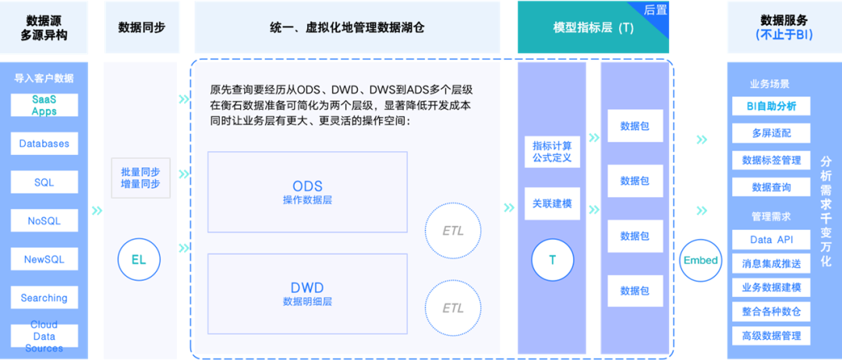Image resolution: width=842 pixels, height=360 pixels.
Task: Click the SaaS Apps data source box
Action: click(44, 105)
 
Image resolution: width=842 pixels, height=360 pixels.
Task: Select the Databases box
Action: click(44, 144)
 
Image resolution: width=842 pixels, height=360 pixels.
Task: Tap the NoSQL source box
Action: click(44, 221)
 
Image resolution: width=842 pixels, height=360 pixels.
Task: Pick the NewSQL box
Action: click(44, 259)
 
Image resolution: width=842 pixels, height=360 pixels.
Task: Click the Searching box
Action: click(44, 298)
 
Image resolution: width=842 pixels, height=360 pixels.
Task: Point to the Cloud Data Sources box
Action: click(44, 336)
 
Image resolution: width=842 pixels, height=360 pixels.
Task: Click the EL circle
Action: click(139, 259)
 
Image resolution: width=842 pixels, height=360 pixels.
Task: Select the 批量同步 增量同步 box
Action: click(140, 178)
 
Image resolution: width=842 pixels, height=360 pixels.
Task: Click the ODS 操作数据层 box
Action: click(307, 192)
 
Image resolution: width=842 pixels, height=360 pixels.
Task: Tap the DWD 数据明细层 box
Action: click(307, 293)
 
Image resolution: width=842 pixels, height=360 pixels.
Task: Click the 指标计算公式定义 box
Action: click(552, 152)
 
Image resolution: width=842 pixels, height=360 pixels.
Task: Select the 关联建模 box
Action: click(552, 204)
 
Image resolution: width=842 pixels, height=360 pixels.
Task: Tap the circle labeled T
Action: click(552, 259)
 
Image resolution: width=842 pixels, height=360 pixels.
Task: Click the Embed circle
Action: click(700, 260)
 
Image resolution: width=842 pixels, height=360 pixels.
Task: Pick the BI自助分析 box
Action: click(771, 106)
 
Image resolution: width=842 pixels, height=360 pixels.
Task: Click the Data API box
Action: click(771, 240)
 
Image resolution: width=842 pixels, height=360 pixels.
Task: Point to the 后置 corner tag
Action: click(656, 10)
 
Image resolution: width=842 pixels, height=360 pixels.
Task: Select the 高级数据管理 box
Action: click(771, 336)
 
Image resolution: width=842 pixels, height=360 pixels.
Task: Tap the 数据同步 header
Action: click(141, 26)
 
